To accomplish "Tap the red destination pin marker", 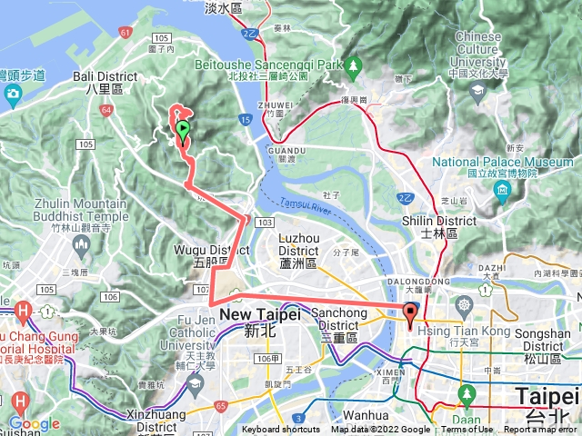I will point(409,316).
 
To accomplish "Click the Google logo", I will point(35,423).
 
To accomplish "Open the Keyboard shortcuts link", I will point(281,430).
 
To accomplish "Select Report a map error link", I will point(541,430).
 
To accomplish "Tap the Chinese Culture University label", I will point(477,51).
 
